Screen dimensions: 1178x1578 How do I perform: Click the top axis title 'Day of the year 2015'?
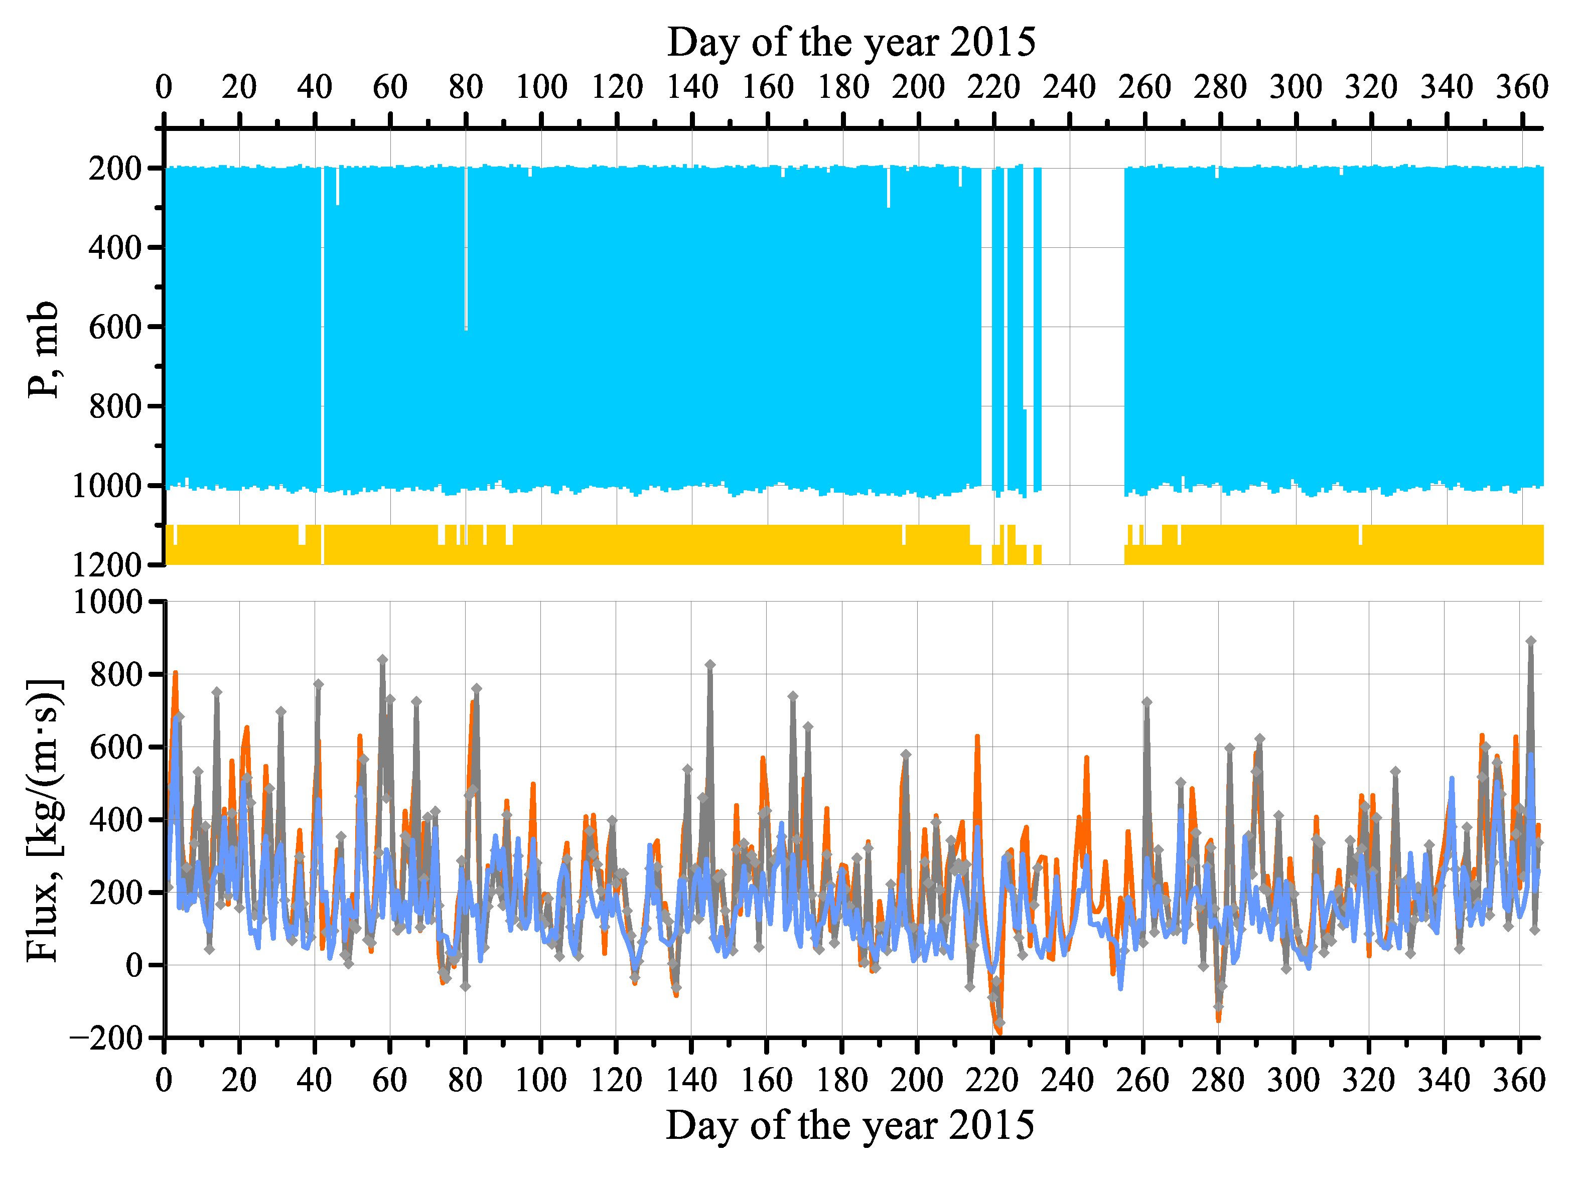coord(850,43)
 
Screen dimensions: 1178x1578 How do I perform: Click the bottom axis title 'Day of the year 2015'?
coord(849,1125)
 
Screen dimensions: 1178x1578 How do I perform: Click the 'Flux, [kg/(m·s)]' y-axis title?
coord(44,821)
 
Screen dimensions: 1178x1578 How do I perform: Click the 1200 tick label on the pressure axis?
coord(107,565)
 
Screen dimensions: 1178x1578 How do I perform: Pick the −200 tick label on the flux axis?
coord(105,1037)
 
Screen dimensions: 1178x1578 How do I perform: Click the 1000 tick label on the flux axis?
coord(107,602)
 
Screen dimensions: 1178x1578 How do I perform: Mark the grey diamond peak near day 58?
coord(383,660)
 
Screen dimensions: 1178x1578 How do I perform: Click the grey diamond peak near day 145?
coord(710,665)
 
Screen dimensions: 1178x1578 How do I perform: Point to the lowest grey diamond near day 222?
coord(999,1022)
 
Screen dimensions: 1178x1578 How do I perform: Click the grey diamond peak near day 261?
coord(1146,702)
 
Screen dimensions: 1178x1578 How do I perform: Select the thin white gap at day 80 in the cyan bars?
coord(466,249)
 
